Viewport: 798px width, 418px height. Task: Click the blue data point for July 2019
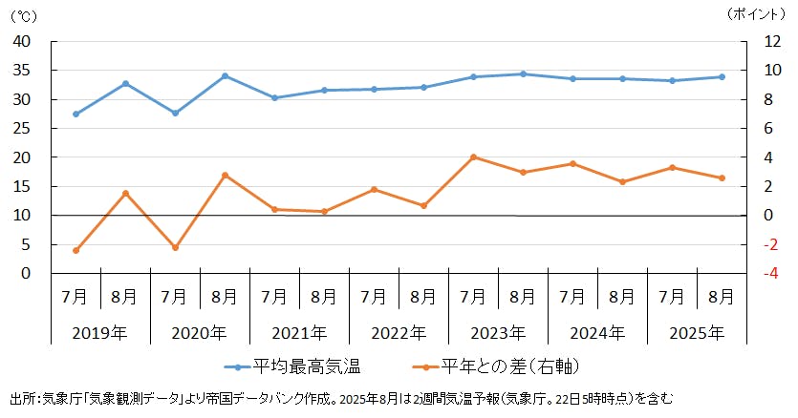tap(75, 114)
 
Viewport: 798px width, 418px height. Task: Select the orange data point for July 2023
tap(473, 157)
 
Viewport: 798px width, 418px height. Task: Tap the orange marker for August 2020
tap(225, 176)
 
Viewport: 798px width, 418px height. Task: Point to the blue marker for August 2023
tap(523, 73)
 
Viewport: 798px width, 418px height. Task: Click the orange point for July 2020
tap(175, 247)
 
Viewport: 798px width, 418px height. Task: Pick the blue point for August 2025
tap(722, 77)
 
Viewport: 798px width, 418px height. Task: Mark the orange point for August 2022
tap(423, 205)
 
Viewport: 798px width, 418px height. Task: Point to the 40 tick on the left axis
tap(22, 42)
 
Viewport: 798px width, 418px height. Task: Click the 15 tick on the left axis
tap(22, 187)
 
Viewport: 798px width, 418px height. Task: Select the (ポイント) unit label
tap(760, 13)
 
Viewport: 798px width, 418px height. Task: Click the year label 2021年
tap(299, 333)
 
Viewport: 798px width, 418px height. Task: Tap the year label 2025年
tap(697, 333)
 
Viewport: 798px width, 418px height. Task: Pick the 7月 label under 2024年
tap(572, 297)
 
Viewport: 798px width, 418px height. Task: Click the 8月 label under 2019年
tap(125, 297)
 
